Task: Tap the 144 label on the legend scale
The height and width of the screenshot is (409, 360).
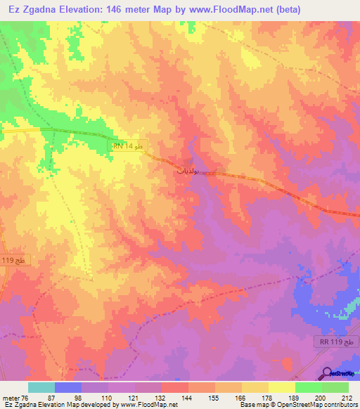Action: pos(188,397)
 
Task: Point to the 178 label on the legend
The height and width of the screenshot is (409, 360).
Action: pos(265,397)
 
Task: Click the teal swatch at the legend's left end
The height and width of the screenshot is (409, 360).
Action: pos(41,387)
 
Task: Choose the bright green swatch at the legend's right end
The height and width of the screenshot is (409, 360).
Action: pos(335,387)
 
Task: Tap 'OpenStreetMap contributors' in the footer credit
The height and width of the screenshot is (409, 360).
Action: pos(321,405)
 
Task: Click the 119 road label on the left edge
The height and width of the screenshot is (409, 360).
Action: pos(8,259)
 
